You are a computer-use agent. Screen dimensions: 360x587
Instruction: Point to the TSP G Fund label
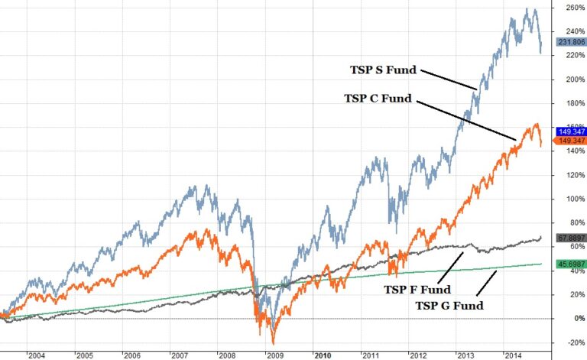click(450, 306)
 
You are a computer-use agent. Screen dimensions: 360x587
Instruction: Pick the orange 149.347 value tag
click(566, 141)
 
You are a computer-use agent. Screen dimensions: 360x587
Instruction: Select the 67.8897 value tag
click(566, 238)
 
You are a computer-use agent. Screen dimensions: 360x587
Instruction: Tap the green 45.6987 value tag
click(566, 264)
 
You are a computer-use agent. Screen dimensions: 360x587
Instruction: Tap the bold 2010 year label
click(323, 355)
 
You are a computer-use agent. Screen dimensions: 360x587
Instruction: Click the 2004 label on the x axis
click(36, 355)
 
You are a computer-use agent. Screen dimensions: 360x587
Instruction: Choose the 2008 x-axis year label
click(228, 355)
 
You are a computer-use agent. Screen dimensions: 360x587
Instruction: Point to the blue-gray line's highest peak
click(527, 8)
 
